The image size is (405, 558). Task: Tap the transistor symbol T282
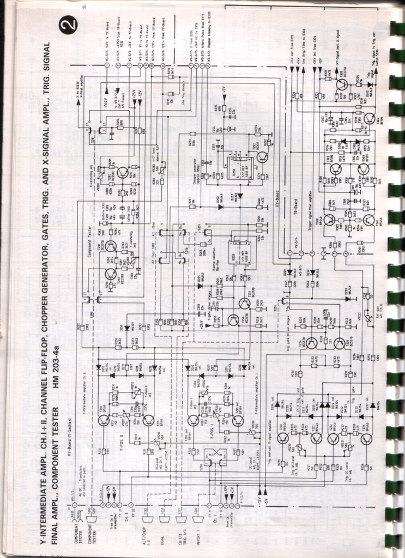[122, 172]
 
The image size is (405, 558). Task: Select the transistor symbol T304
[369, 119]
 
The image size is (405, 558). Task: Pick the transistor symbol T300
[329, 220]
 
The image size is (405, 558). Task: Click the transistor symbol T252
[262, 157]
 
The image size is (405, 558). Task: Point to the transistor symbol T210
[104, 420]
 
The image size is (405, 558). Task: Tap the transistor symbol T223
[366, 439]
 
